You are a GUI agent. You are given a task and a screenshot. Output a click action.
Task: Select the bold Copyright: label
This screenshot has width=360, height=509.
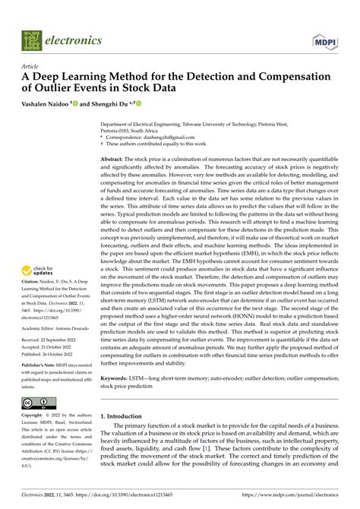click(x=36, y=416)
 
